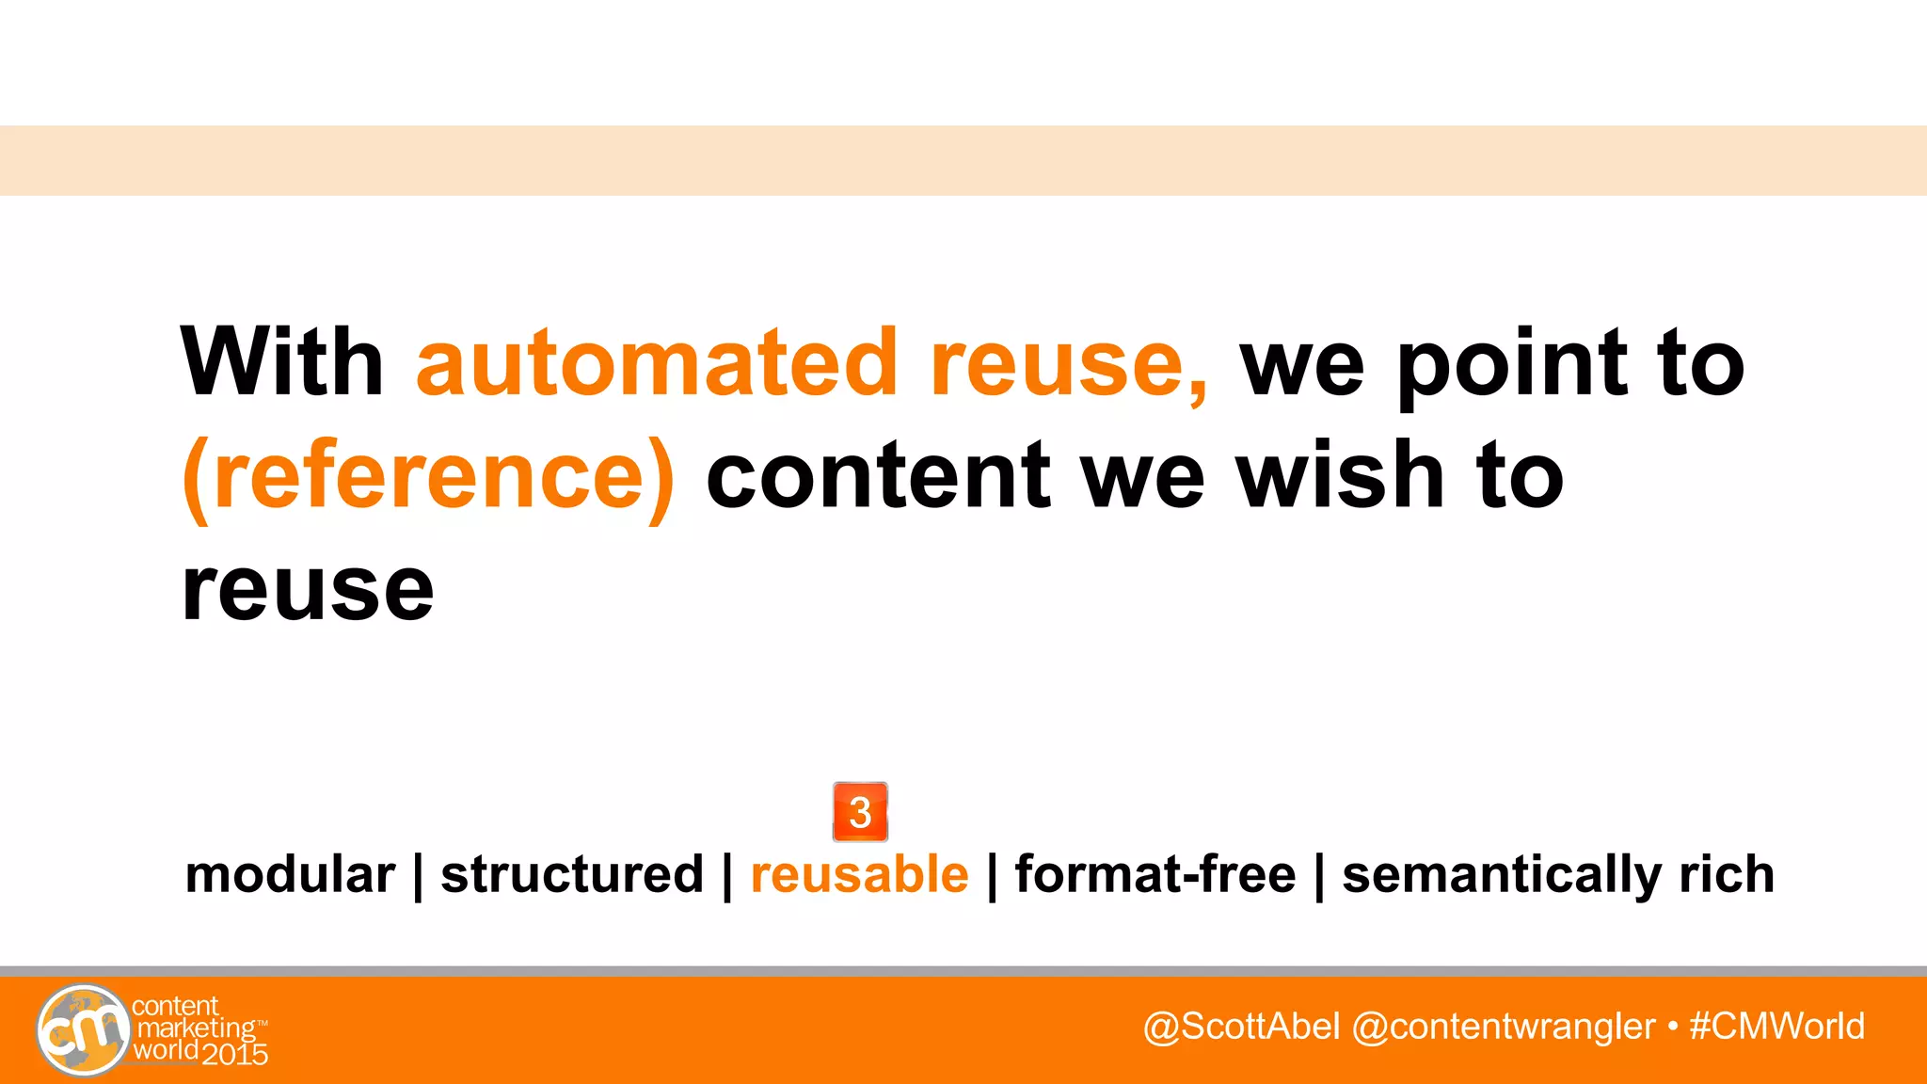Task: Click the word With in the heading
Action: (282, 362)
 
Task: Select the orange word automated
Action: (657, 362)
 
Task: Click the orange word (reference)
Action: (428, 477)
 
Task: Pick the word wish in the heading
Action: (1340, 475)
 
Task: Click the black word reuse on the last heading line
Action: (308, 591)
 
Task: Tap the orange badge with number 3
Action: (860, 811)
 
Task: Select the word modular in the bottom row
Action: (290, 874)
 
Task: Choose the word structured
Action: (572, 874)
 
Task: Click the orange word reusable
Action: (859, 874)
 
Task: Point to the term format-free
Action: (1155, 874)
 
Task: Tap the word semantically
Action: (1501, 876)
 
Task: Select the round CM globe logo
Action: (83, 1029)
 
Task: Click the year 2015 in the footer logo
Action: (235, 1055)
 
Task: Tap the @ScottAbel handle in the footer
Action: (1241, 1027)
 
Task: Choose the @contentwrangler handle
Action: (1503, 1027)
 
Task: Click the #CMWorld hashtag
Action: (1776, 1026)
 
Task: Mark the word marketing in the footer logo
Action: (197, 1028)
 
